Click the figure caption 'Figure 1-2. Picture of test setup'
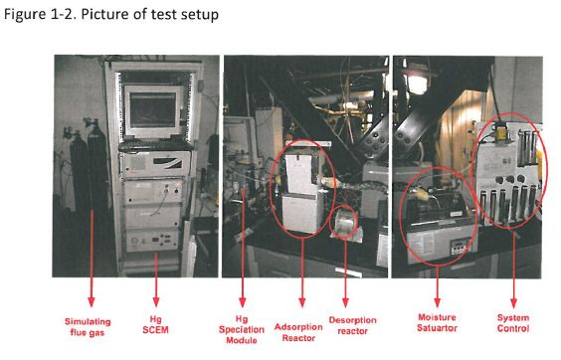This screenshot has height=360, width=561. (x=111, y=15)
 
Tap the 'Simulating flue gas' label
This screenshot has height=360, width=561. (x=88, y=327)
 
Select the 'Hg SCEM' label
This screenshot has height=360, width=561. (x=155, y=325)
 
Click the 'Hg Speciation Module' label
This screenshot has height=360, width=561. (x=242, y=330)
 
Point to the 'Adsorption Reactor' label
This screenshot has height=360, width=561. (x=298, y=332)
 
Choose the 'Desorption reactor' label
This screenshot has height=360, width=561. (x=353, y=325)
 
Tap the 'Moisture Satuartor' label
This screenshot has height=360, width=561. (x=437, y=323)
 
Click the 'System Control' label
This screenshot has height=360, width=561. (x=513, y=323)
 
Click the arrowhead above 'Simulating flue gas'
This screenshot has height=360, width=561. (x=92, y=301)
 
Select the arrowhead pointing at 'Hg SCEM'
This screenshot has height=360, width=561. (x=156, y=301)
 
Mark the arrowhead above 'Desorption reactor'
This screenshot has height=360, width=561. (x=345, y=302)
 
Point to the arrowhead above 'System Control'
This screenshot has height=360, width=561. (x=514, y=302)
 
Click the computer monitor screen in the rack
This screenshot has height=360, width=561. (x=152, y=109)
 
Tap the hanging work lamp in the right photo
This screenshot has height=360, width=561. (x=417, y=80)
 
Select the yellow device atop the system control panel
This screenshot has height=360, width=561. (x=500, y=131)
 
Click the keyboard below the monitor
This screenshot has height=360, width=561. (x=155, y=145)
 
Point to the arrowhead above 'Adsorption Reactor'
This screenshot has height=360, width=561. (x=302, y=302)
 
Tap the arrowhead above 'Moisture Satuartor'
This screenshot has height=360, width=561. (x=438, y=302)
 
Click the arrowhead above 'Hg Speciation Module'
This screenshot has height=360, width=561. (x=243, y=301)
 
